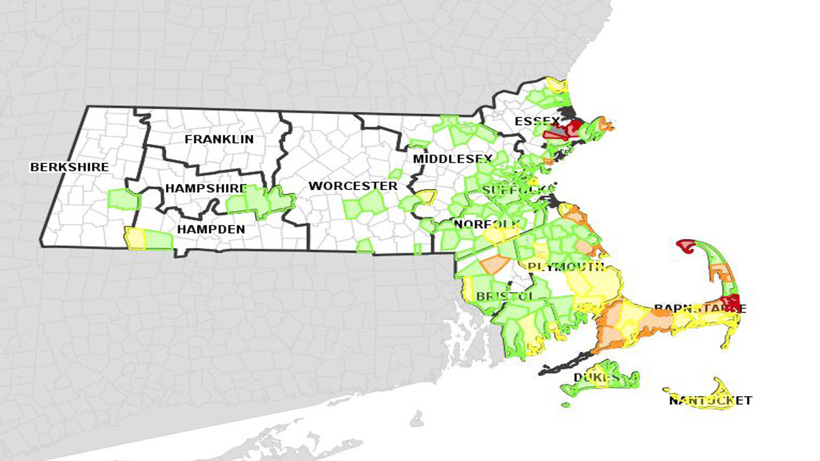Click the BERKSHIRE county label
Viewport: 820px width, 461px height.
[70, 167]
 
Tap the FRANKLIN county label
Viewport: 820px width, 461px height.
[219, 139]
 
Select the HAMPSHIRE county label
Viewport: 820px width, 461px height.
[205, 189]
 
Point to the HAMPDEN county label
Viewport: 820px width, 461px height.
[210, 229]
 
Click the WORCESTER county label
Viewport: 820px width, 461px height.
[353, 186]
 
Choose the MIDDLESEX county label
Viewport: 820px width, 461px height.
[452, 159]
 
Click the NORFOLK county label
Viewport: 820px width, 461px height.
[487, 224]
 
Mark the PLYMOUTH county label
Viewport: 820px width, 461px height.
[566, 266]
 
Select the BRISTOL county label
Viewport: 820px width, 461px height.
[504, 296]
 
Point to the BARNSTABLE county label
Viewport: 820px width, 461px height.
[700, 309]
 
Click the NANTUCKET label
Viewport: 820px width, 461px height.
[711, 401]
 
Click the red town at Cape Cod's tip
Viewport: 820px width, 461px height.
[685, 245]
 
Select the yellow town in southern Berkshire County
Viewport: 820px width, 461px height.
[135, 239]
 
